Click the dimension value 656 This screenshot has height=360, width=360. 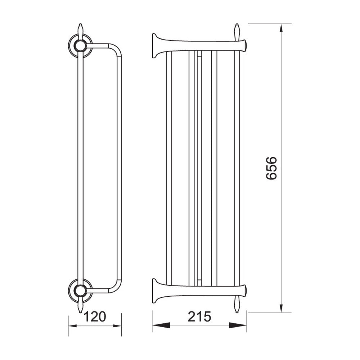point(271,168)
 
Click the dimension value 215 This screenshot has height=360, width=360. point(199,316)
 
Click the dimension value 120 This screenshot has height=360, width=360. point(95,316)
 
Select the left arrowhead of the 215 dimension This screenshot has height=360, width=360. point(161,325)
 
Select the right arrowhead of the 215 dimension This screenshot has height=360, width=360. point(238,325)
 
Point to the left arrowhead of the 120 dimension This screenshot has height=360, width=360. point(73,325)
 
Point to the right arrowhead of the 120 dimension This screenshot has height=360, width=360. point(117,325)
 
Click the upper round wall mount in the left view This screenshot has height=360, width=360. point(80,46)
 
